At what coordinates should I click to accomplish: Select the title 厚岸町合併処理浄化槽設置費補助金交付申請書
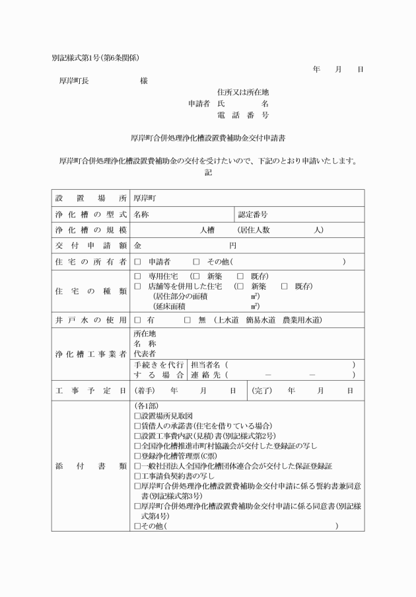[x=208, y=138]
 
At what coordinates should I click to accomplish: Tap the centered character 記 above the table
[x=208, y=173]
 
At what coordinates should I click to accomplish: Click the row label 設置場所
[x=90, y=197]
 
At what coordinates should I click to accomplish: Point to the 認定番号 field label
[x=253, y=214]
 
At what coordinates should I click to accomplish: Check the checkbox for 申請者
[x=138, y=262]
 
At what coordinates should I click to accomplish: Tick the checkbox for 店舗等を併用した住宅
[x=138, y=286]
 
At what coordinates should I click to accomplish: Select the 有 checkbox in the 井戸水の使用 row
[x=138, y=320]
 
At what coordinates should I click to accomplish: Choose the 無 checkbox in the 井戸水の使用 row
[x=187, y=320]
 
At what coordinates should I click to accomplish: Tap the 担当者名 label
[x=206, y=364]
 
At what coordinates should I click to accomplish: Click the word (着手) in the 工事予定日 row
[x=147, y=391]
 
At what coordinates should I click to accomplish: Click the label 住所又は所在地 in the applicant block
[x=243, y=92]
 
